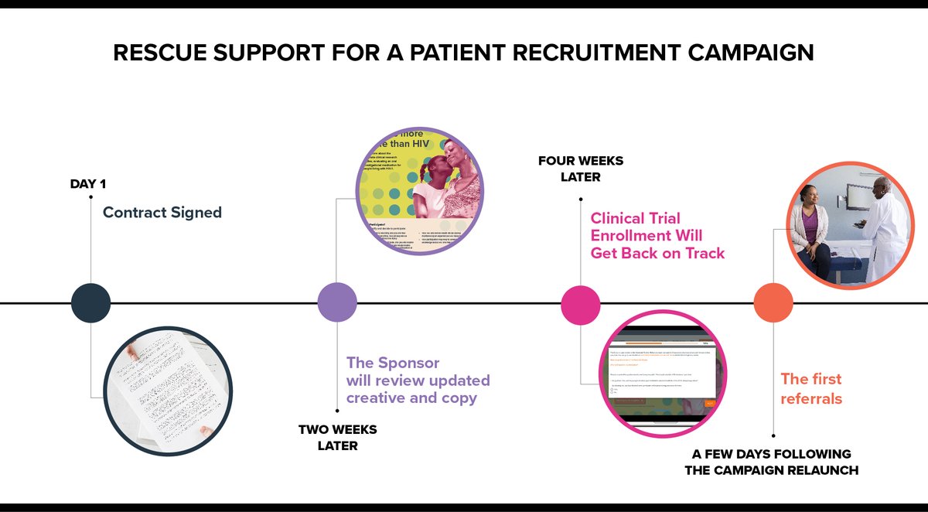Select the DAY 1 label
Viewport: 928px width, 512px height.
(x=87, y=184)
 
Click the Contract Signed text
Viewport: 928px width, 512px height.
(x=162, y=212)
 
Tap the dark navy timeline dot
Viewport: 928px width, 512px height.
(x=90, y=302)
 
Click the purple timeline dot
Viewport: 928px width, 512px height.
(x=338, y=302)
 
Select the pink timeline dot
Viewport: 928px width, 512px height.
(x=581, y=302)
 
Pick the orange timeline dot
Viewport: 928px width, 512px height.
(x=773, y=302)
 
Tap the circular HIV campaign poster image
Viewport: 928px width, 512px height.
(x=419, y=190)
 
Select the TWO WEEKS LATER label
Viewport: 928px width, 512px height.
(x=337, y=437)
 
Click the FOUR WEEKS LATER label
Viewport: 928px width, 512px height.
(x=580, y=169)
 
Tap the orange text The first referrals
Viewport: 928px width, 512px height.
(x=810, y=388)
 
